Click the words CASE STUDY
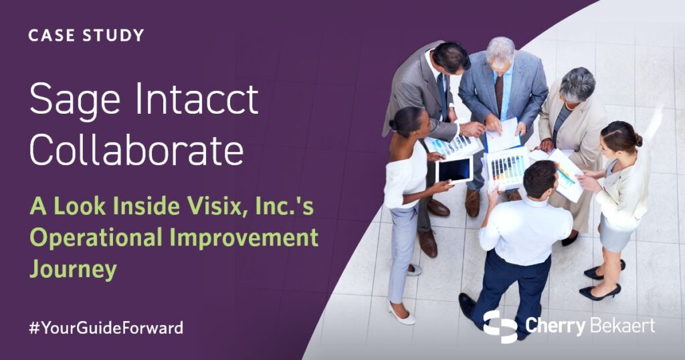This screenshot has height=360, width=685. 86,35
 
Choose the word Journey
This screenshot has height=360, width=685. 73,269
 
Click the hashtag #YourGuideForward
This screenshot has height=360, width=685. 106,328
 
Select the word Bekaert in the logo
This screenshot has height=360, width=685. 622,326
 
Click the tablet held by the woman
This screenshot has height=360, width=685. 454,171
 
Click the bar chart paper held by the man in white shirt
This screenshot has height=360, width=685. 506,168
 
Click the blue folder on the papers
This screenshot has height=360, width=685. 498,141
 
